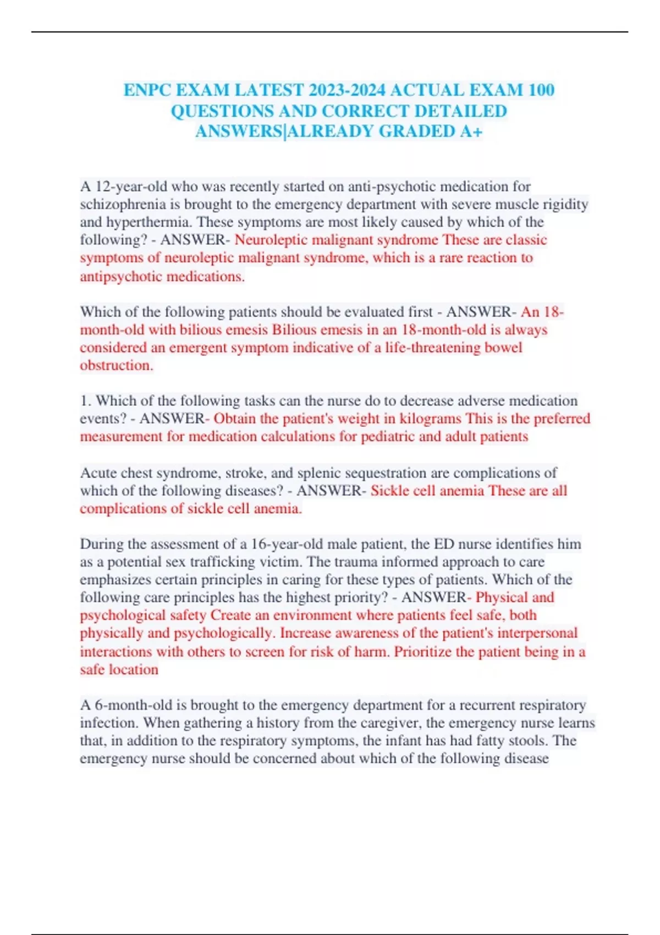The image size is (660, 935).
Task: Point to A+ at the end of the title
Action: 471,131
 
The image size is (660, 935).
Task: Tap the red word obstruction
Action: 116,365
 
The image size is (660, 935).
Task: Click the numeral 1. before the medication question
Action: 86,400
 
